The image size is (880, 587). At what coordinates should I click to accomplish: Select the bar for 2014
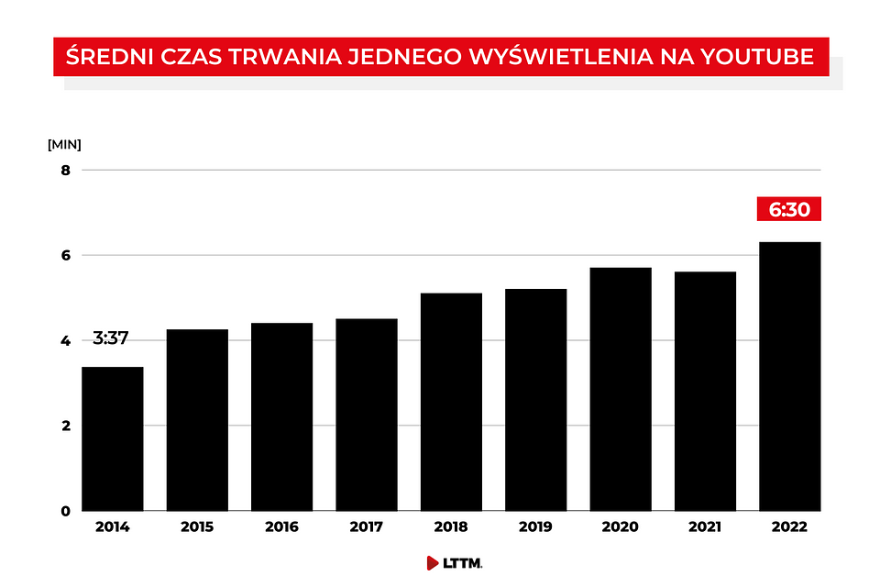click(113, 438)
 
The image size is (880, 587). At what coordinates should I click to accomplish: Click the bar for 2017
click(367, 415)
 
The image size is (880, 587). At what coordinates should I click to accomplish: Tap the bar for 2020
click(621, 389)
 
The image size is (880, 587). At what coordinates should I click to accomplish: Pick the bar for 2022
click(789, 376)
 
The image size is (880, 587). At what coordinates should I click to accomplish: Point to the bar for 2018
click(451, 403)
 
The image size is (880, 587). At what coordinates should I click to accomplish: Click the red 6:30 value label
click(789, 209)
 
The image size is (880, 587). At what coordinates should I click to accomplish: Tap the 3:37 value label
click(111, 338)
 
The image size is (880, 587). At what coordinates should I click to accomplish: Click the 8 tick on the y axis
click(66, 171)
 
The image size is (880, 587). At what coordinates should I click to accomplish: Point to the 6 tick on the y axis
click(66, 256)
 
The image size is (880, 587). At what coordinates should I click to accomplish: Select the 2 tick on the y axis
click(66, 426)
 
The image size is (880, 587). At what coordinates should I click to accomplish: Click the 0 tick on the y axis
click(66, 511)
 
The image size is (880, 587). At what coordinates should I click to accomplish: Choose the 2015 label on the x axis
click(197, 526)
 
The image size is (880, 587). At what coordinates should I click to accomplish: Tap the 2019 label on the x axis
click(535, 526)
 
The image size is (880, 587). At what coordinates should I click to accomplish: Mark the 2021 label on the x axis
click(705, 526)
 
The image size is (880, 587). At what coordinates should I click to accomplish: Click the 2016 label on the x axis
click(281, 526)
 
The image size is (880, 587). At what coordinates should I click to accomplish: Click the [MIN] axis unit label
click(64, 144)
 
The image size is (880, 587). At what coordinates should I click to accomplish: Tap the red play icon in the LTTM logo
click(432, 563)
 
